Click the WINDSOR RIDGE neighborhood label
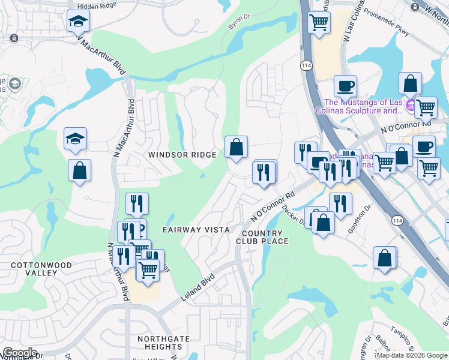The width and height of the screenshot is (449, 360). click(182, 155)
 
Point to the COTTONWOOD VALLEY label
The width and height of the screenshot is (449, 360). click(41, 269)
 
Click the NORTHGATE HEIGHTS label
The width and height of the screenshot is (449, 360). click(163, 343)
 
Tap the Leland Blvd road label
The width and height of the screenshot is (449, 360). click(197, 288)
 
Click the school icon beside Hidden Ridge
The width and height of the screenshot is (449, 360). click(78, 22)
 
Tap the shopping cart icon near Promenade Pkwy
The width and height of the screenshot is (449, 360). click(319, 23)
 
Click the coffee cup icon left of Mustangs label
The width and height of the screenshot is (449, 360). click(345, 86)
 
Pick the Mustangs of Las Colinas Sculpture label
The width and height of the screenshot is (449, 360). click(363, 106)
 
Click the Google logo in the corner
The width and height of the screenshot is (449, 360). click(19, 352)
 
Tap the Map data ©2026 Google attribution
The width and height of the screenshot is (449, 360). click(412, 355)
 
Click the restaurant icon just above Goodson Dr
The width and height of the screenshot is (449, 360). click(340, 203)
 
